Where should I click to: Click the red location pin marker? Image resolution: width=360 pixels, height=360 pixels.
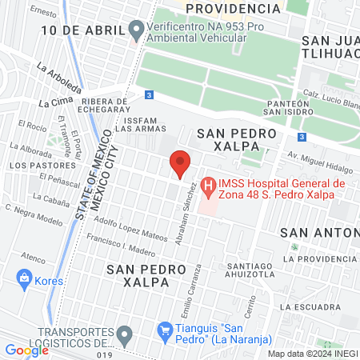click(181, 163)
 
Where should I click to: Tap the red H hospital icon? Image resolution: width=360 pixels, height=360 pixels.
click(209, 189)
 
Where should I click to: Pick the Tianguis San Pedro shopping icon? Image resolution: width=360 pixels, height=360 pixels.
click(166, 329)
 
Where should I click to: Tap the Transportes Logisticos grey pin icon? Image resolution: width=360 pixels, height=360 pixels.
click(124, 334)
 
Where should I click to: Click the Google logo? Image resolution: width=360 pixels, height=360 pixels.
click(26, 350)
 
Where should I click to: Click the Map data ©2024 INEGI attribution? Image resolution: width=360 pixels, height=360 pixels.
click(312, 353)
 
